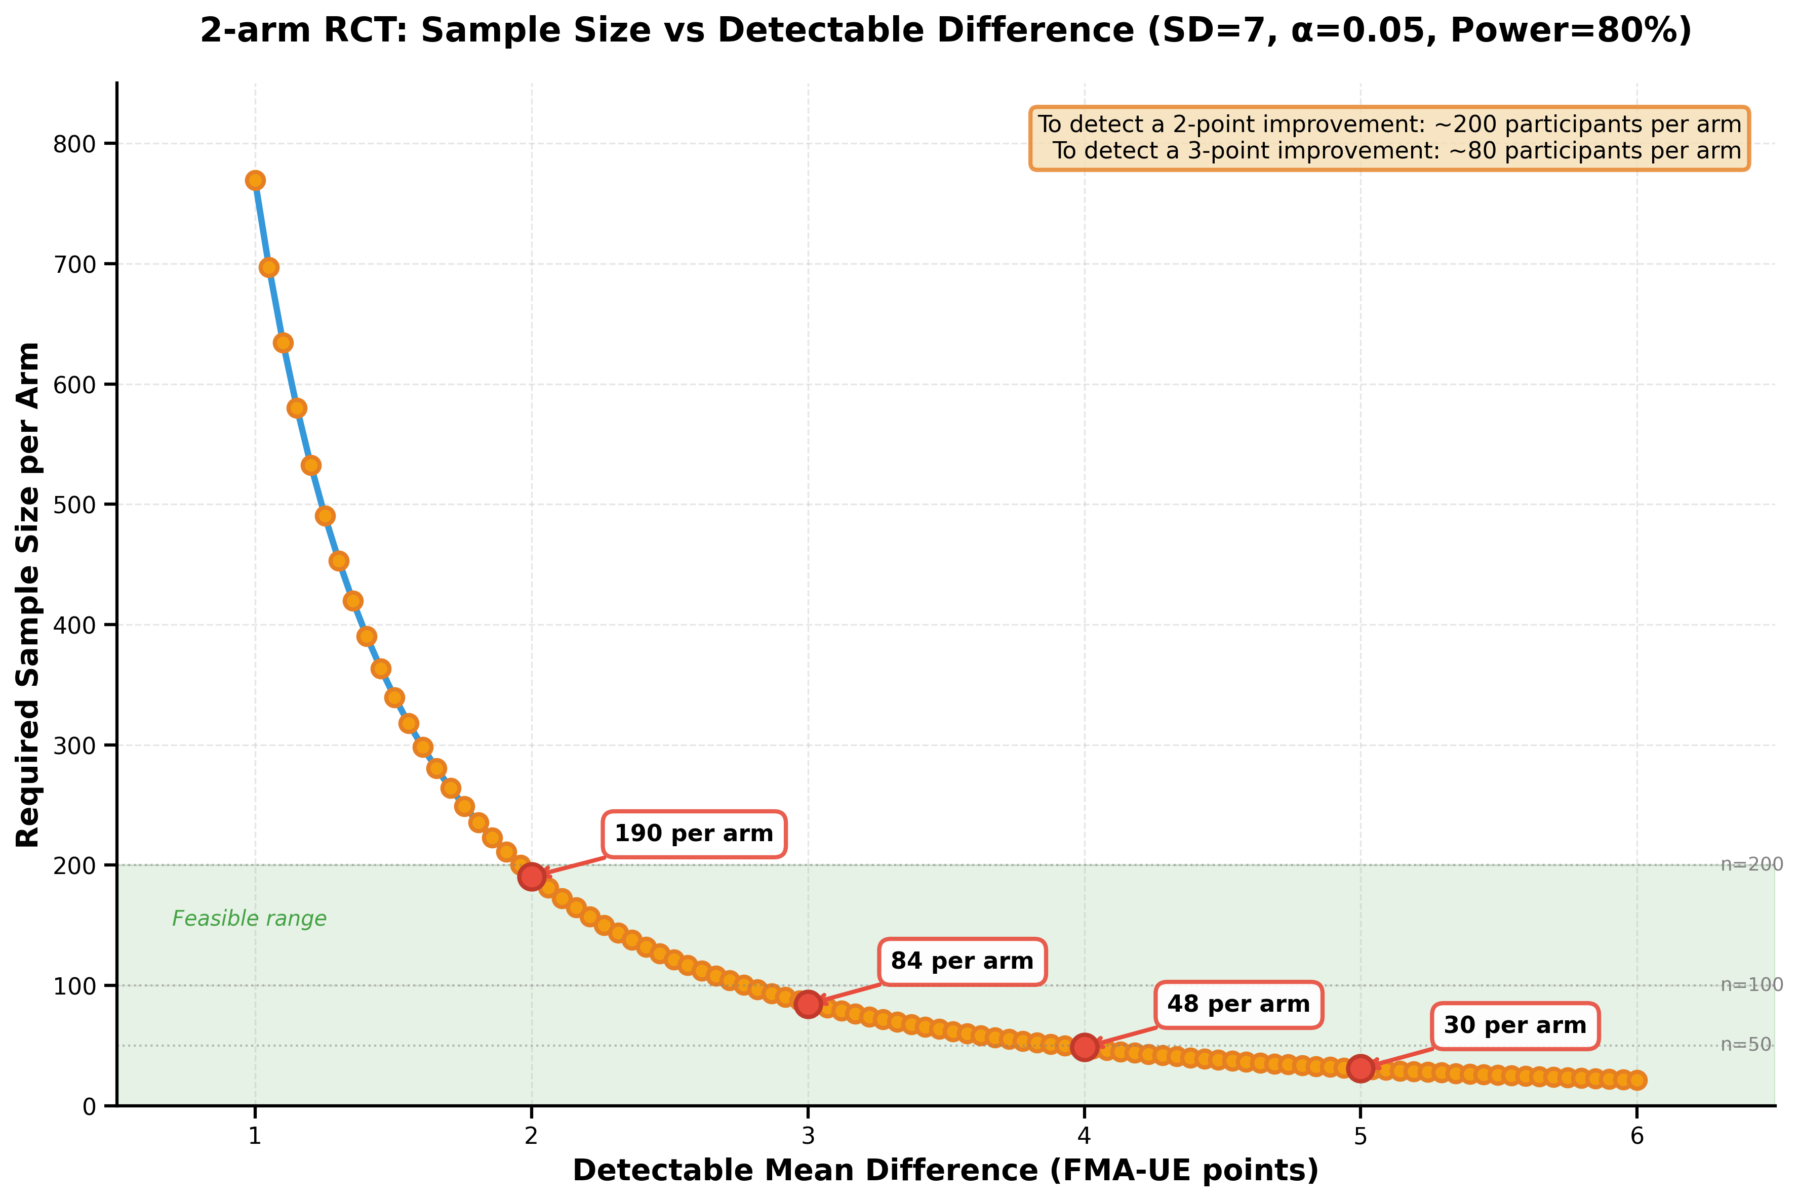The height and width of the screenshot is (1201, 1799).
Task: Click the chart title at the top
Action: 945,31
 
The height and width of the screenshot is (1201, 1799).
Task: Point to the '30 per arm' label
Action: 1515,1025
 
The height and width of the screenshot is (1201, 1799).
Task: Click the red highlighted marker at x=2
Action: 532,876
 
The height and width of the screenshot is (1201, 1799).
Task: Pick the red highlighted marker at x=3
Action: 808,1004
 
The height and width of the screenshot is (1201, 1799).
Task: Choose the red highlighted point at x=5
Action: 1360,1068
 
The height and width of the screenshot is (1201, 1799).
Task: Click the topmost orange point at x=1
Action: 255,180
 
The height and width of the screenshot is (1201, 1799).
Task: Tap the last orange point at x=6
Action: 1636,1080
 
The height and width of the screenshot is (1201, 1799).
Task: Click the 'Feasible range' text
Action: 249,919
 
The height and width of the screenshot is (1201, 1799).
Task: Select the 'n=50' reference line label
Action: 1746,1045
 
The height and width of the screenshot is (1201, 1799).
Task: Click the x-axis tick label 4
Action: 1084,1135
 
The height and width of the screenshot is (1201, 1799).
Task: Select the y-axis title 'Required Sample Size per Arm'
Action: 28,594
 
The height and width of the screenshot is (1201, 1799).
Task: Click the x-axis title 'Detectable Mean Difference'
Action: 945,1170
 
